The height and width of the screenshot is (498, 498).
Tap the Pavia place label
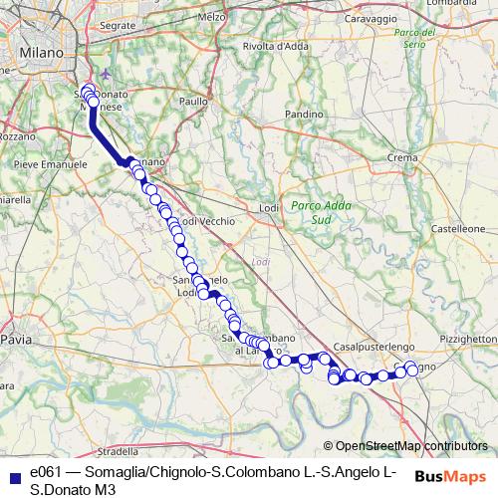(16, 340)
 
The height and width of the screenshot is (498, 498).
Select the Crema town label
(402, 157)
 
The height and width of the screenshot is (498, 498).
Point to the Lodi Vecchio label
(206, 220)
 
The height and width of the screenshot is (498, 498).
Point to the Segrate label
(117, 24)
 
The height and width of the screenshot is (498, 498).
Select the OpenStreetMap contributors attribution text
(410, 447)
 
